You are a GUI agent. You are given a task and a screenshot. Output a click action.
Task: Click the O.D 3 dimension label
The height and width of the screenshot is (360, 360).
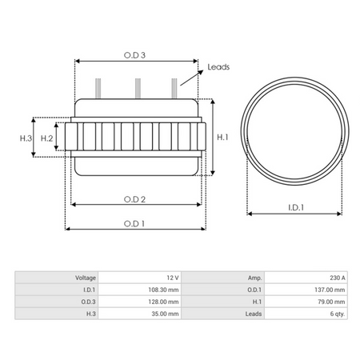point(134,55)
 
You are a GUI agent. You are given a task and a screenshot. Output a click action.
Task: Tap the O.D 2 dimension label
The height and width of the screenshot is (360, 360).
point(134,199)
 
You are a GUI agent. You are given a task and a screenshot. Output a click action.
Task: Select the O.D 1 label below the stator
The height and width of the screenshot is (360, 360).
point(134,224)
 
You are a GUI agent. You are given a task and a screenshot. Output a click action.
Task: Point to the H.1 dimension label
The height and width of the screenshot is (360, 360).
point(222,138)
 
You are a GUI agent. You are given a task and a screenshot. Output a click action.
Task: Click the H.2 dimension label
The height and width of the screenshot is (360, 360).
point(46,138)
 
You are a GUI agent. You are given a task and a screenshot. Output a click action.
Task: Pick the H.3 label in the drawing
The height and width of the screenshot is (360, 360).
point(26,138)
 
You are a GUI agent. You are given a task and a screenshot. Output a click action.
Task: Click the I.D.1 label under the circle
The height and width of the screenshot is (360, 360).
point(296,207)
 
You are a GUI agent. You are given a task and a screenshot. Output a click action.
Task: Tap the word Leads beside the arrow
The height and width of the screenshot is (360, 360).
point(218,67)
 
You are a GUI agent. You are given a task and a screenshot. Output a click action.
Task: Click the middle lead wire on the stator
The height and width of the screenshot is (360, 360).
point(138,88)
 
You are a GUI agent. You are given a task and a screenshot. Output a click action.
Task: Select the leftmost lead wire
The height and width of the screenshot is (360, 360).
point(98,88)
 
